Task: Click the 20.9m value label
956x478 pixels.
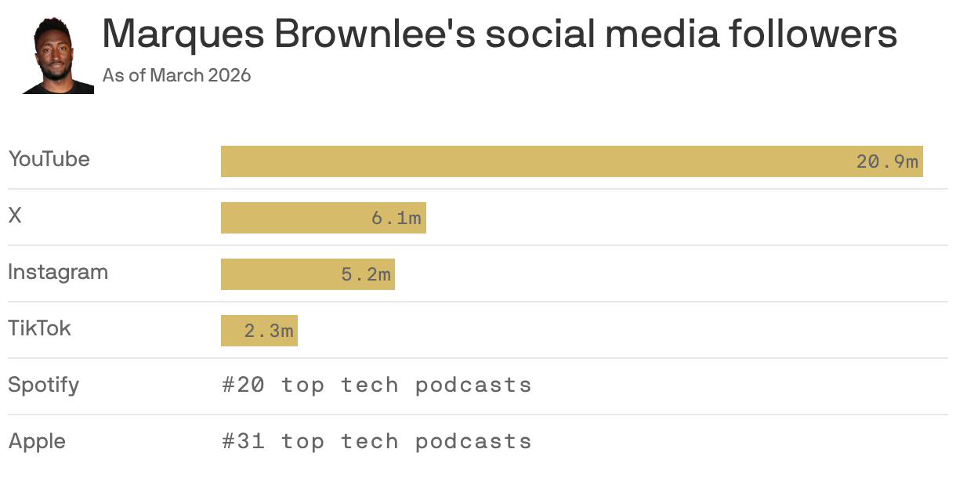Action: click(x=886, y=162)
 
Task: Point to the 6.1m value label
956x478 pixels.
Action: click(x=396, y=219)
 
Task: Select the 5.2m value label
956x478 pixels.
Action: click(x=365, y=275)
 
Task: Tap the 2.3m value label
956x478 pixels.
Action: click(x=268, y=331)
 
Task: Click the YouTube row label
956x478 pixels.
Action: click(x=49, y=159)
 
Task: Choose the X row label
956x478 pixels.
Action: click(x=15, y=215)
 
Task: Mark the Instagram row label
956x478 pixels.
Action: click(x=58, y=272)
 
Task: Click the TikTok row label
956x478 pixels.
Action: click(x=39, y=328)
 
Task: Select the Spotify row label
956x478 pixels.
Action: click(x=43, y=386)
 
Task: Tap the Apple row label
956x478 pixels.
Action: click(x=37, y=442)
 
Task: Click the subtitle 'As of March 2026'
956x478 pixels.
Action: click(x=176, y=76)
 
